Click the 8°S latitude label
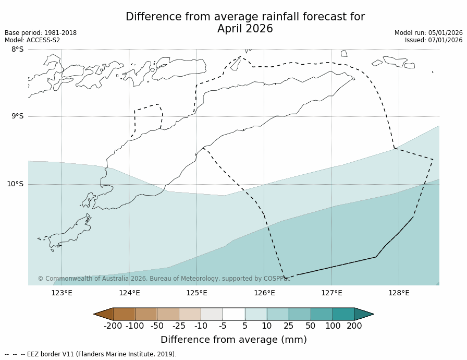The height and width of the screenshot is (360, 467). coord(17,50)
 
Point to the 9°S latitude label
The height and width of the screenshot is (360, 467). coord(17,116)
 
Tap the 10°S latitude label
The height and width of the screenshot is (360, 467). coord(15,184)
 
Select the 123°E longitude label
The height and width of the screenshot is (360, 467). coord(62,293)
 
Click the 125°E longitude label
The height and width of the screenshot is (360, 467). coord(196,293)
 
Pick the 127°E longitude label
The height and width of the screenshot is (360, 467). coord(331,293)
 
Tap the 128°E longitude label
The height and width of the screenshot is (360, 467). coord(399,293)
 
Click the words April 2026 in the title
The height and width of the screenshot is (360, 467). coord(245,29)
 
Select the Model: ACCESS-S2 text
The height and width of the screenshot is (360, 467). coord(32,40)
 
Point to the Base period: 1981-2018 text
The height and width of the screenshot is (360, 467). coord(41,33)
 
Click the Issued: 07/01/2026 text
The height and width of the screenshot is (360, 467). coord(434,40)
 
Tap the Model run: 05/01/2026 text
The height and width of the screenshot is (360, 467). coord(428,33)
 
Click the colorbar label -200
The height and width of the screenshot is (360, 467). coord(113,326)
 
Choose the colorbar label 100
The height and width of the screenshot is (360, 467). coord(332,326)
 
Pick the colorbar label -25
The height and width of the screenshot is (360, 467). coord(179,326)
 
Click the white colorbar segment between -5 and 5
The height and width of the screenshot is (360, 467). coord(233,314)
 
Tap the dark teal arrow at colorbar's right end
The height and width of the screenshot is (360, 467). coord(364,314)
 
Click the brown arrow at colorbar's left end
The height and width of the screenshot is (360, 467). coord(104,314)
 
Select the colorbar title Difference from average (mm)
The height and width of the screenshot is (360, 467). coord(233,340)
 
